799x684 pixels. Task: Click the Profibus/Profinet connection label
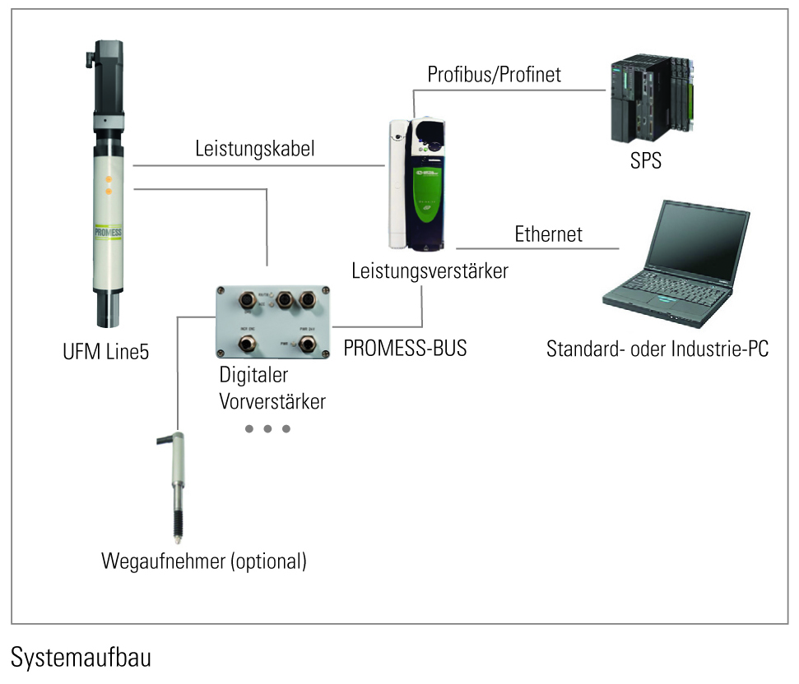pyautogui.click(x=494, y=75)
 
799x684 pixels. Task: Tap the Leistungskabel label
pyautogui.click(x=255, y=150)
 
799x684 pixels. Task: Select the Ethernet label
pyautogui.click(x=548, y=233)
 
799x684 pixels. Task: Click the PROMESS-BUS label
pyautogui.click(x=405, y=348)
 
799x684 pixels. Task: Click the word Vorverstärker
pyautogui.click(x=272, y=402)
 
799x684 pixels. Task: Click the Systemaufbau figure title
pyautogui.click(x=81, y=658)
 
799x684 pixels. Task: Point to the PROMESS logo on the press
pyautogui.click(x=108, y=233)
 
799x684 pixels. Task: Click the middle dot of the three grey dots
pyautogui.click(x=267, y=429)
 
